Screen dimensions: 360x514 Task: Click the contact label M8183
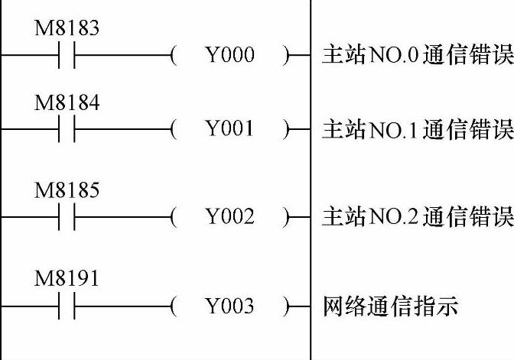click(67, 29)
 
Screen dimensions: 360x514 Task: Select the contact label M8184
click(67, 103)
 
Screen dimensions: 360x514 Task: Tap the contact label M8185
click(67, 190)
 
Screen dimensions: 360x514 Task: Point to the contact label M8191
click(67, 279)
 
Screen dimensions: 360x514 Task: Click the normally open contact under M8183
click(67, 56)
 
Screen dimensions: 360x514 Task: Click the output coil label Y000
click(229, 56)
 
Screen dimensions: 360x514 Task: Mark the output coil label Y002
click(229, 218)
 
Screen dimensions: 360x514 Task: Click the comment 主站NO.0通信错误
click(418, 56)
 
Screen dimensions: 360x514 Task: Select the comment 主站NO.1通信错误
click(418, 130)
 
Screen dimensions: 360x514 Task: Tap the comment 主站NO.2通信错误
click(418, 218)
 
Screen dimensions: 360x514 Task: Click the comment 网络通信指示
click(390, 307)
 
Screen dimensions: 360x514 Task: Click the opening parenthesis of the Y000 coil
click(175, 56)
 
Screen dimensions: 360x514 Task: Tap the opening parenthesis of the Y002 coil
click(175, 218)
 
